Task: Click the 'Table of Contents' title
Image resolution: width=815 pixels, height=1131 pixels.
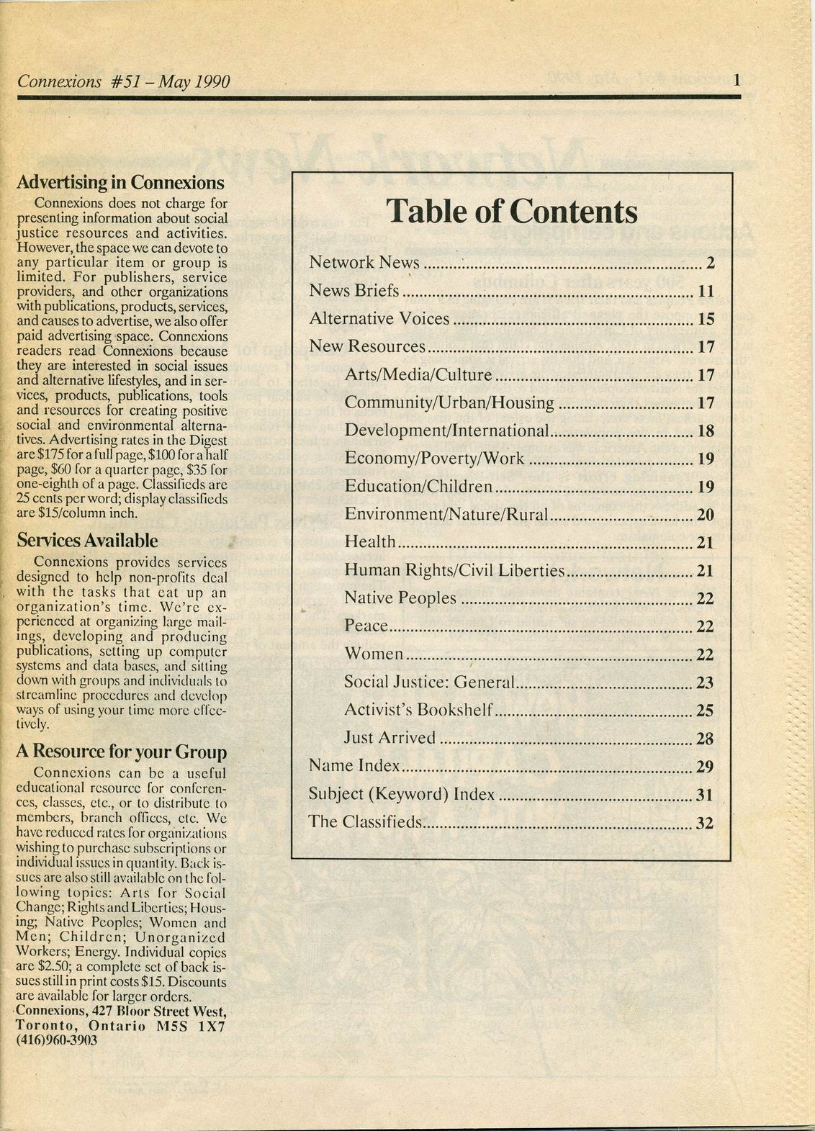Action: pyautogui.click(x=512, y=212)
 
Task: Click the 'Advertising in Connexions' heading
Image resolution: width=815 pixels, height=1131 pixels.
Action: pyautogui.click(x=120, y=182)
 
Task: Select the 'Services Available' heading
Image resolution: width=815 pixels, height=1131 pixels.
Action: pyautogui.click(x=87, y=541)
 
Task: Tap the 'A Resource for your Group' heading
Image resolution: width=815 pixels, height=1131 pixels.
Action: pyautogui.click(x=121, y=752)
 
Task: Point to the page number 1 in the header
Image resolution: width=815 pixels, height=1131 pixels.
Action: pyautogui.click(x=737, y=81)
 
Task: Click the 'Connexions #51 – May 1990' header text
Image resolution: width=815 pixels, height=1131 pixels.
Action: pyautogui.click(x=123, y=82)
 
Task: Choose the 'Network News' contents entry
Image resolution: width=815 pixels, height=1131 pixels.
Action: pyautogui.click(x=364, y=263)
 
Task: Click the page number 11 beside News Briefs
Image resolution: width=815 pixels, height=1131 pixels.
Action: pyautogui.click(x=706, y=292)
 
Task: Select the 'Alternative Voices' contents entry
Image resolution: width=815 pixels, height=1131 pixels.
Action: pyautogui.click(x=379, y=319)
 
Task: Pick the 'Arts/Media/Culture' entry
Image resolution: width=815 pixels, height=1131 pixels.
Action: pyautogui.click(x=418, y=375)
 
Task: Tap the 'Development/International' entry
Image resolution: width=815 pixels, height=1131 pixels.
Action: pyautogui.click(x=447, y=431)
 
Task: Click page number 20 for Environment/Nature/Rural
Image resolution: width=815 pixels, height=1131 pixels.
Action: pyautogui.click(x=706, y=515)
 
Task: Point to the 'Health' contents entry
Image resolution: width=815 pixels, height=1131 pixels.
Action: pyautogui.click(x=370, y=542)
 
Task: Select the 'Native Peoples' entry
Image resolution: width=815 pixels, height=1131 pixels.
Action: pyautogui.click(x=400, y=598)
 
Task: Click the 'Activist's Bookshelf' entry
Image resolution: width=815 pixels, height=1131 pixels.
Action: pyautogui.click(x=418, y=710)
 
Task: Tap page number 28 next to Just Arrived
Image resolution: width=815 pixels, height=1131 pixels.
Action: pyautogui.click(x=706, y=739)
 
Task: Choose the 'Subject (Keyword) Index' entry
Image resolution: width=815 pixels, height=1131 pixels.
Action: pyautogui.click(x=402, y=795)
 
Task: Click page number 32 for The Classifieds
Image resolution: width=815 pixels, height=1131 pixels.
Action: pyautogui.click(x=706, y=823)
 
